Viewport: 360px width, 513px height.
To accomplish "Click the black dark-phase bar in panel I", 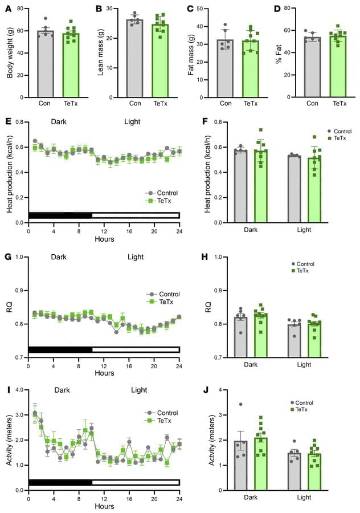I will click(60, 482).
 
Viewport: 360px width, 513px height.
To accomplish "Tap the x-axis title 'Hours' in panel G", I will click(104, 373).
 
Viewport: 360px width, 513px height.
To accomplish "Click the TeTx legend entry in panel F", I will click(341, 137).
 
